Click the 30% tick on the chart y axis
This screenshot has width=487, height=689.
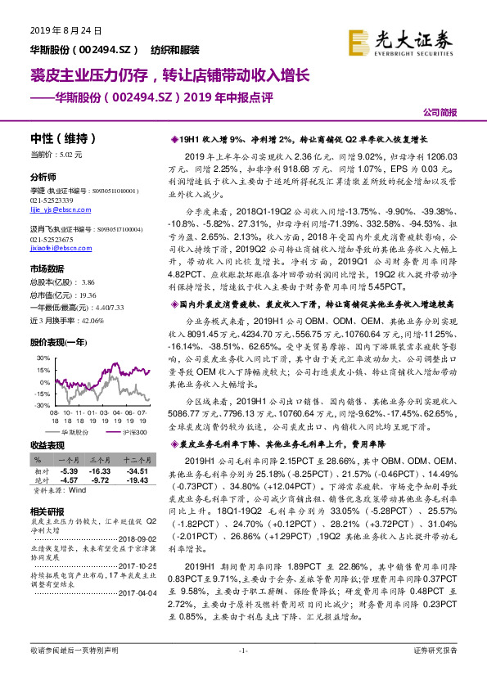pos(41,358)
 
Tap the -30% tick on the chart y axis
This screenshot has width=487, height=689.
pos(40,404)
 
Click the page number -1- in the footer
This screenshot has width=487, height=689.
pos(243,673)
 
